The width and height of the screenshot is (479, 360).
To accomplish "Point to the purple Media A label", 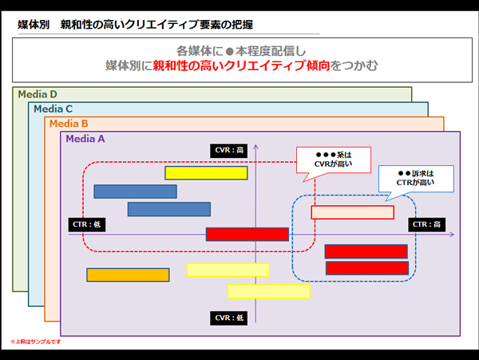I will point(85,139).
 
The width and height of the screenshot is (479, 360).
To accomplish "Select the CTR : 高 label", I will point(426,225).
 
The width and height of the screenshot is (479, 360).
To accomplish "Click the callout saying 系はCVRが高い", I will point(334,159).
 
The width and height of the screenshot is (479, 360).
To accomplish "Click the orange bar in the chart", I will point(128,275).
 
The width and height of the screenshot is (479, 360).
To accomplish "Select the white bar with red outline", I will point(352,212).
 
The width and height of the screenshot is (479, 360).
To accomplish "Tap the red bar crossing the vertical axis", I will point(247,234).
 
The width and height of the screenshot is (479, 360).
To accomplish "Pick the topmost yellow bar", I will point(206,172).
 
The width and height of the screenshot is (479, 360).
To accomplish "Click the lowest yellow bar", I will point(268,291).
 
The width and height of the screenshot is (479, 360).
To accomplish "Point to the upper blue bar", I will point(135,192).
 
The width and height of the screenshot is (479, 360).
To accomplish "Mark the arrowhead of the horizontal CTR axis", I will point(451,235).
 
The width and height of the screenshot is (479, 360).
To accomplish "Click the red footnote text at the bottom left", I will point(35,342).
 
